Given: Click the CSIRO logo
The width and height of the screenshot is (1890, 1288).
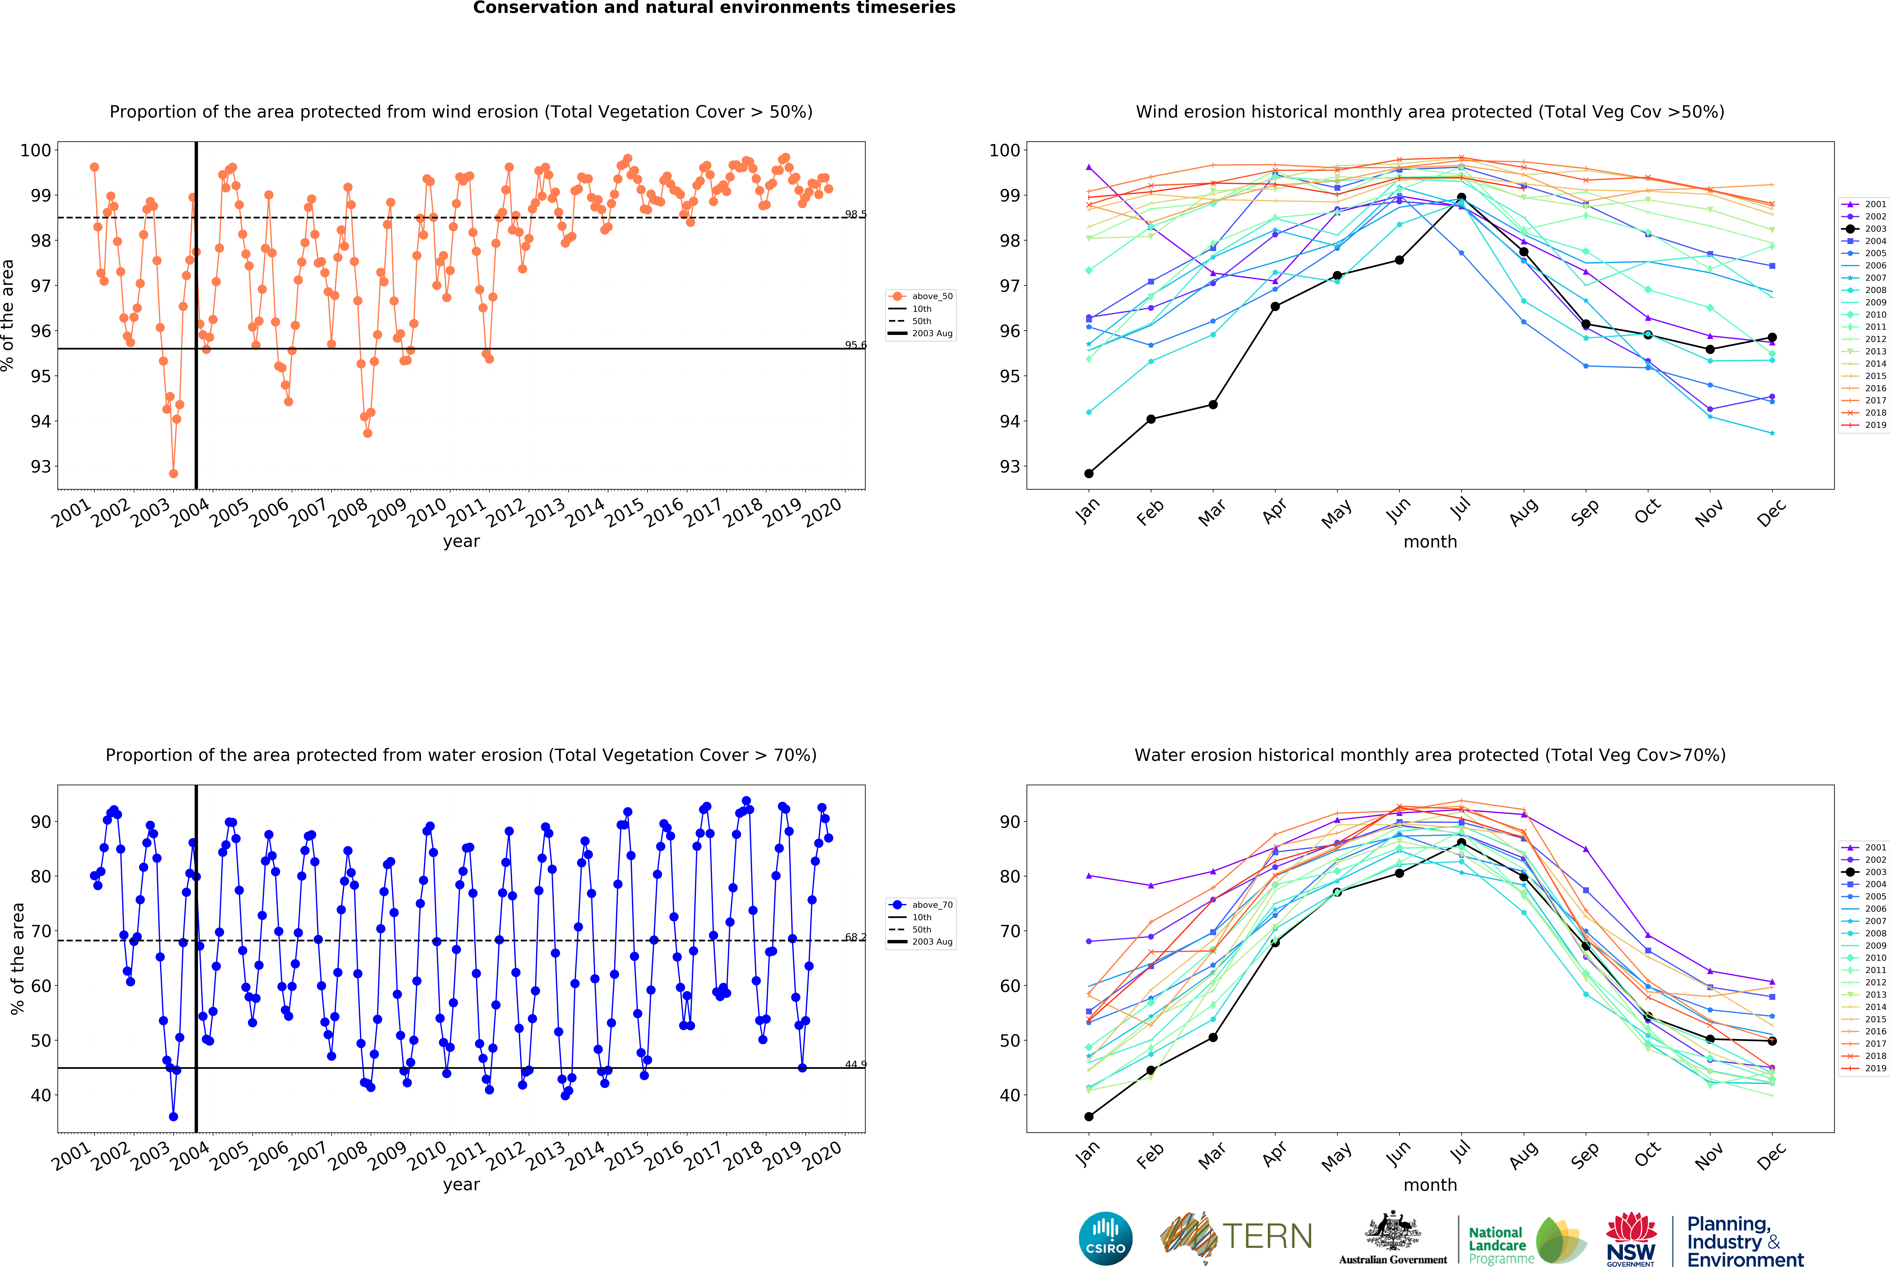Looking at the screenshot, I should click(x=1105, y=1238).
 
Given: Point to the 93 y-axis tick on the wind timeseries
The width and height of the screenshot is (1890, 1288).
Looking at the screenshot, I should click(x=41, y=467).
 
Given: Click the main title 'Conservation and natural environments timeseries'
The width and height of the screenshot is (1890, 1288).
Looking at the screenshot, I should click(x=714, y=8).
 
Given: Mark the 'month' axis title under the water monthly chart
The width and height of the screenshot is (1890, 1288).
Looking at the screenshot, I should click(x=1430, y=1185).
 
